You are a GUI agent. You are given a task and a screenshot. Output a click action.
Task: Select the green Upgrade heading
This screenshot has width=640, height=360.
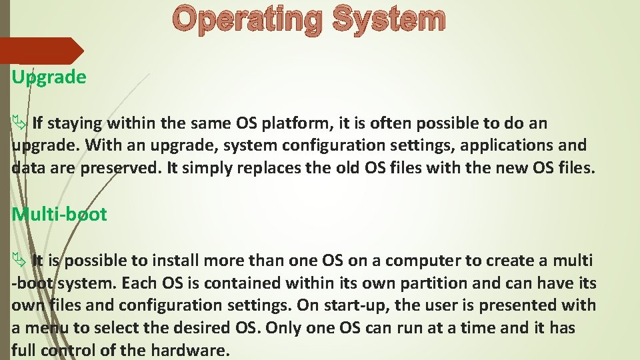tap(49, 77)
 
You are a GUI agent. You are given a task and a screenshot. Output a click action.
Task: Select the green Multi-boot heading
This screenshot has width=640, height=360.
tap(59, 215)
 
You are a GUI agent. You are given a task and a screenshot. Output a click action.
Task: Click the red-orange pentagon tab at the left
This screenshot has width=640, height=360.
tap(40, 51)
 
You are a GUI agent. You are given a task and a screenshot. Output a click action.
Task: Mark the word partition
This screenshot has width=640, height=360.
tap(433, 283)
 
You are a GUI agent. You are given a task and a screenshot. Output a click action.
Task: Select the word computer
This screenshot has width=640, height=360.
tap(421, 261)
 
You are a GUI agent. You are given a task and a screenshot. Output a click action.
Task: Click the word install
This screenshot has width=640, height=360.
tap(176, 261)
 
